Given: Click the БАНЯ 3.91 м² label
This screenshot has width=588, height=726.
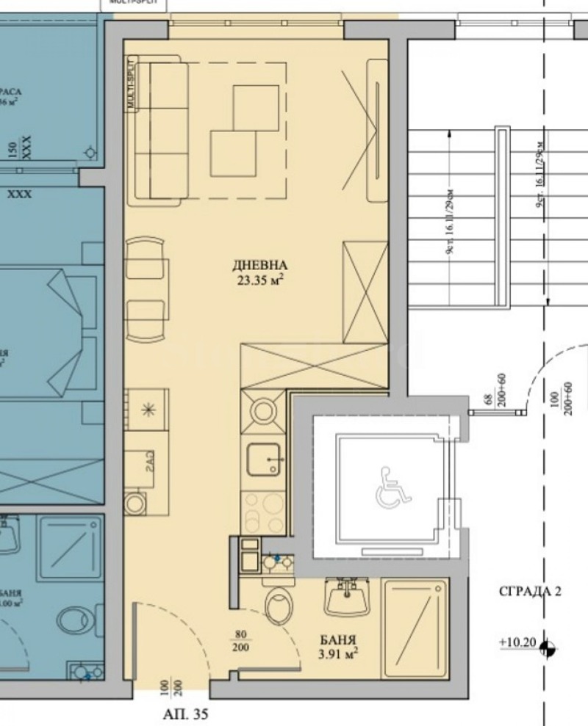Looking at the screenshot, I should click(338, 645).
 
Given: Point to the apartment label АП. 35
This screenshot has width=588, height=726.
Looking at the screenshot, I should click(182, 712).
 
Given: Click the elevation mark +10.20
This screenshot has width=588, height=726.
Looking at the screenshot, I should click(516, 643).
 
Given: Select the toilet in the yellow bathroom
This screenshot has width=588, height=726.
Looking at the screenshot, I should click(279, 608).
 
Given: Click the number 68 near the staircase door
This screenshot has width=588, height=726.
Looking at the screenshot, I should click(486, 399).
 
